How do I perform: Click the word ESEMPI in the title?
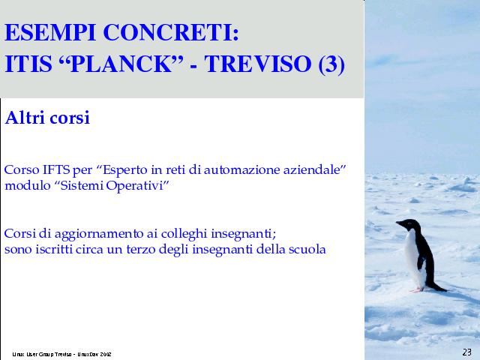coord(50,32)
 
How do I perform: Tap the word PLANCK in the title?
coord(121,64)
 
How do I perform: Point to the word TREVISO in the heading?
coord(258,64)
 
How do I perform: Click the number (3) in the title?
coord(331,64)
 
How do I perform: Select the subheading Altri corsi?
coord(47,118)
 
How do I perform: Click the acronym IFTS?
coord(55,169)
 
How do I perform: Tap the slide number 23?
coord(466,352)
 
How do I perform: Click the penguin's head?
coord(409,224)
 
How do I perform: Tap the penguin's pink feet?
coord(417,289)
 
